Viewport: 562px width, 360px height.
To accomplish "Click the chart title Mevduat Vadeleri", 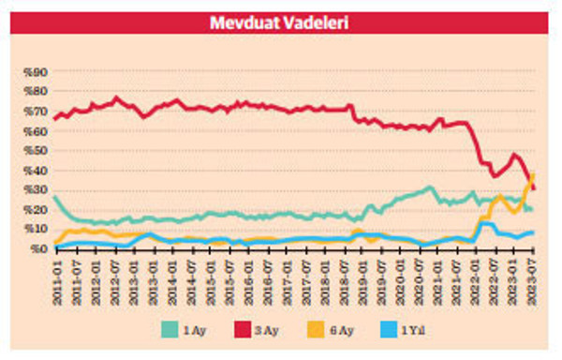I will pyautogui.click(x=280, y=20).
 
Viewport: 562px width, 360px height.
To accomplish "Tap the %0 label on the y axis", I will pyautogui.click(x=37, y=249).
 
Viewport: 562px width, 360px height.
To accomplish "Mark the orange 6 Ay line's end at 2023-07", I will pyautogui.click(x=533, y=174).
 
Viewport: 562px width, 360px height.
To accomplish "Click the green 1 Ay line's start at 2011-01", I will pyautogui.click(x=55, y=197).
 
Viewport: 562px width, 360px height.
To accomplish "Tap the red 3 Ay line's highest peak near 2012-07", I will pyautogui.click(x=116, y=97).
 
